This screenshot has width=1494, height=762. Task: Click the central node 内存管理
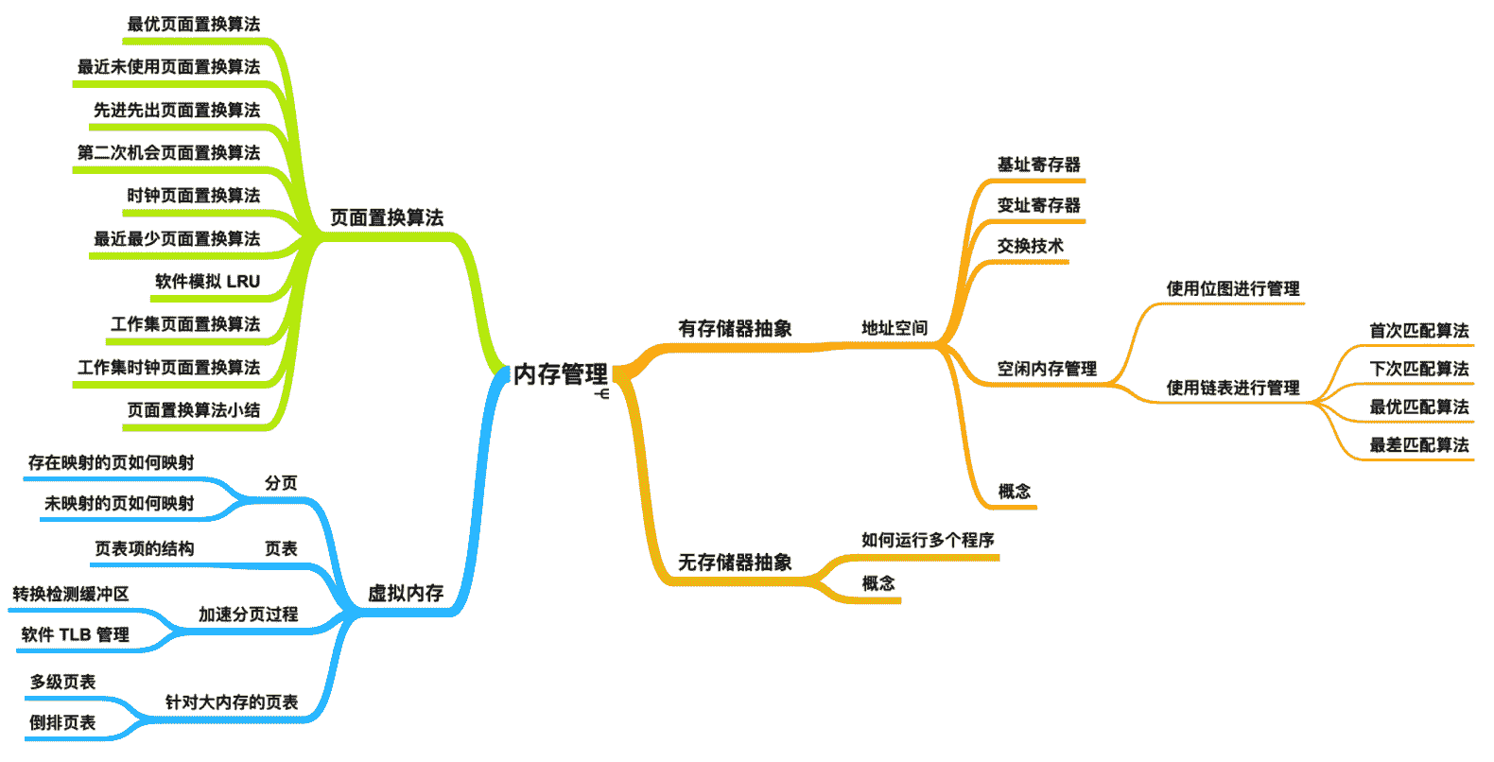560,374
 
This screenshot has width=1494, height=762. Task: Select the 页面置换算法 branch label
387,218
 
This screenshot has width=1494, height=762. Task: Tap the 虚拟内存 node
406,594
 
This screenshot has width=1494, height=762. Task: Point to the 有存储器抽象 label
735,329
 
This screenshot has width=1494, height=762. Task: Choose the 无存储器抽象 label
735,563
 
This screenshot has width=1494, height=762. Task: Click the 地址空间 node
895,328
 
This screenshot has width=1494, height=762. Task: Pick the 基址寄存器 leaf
1038,165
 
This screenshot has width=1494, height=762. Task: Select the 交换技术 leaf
1030,246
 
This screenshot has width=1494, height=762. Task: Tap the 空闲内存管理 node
1047,369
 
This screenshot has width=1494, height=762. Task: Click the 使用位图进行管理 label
1233,288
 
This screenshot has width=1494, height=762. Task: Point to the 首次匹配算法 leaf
1419,331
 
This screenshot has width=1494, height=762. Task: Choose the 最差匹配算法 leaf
1419,444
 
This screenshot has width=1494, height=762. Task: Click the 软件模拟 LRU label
207,282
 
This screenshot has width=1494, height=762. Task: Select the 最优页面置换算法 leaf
193,25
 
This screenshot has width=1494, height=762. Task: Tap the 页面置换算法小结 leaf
193,410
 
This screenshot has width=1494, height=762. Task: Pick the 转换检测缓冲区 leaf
71,594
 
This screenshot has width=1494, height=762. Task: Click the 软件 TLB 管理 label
75,634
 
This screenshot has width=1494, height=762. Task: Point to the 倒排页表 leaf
62,722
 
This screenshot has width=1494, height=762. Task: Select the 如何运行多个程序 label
928,540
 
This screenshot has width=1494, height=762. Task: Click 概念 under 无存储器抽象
878,583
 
